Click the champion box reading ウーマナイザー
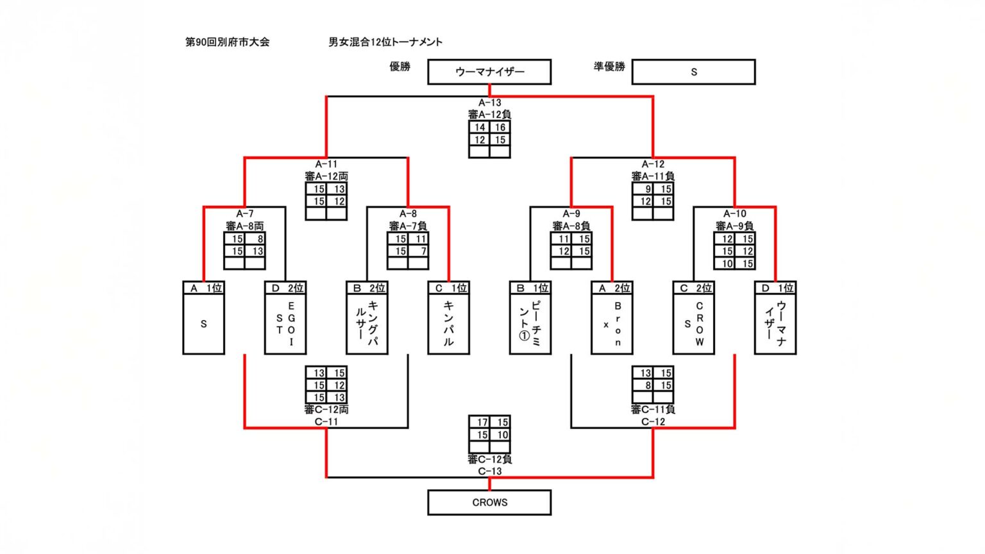(489, 72)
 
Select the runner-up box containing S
(693, 72)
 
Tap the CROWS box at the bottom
(489, 503)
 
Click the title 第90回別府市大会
(227, 42)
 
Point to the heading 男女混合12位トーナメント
(385, 42)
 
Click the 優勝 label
(400, 67)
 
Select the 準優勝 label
(609, 67)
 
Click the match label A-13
(489, 103)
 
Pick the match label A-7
(244, 214)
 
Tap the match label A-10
(734, 214)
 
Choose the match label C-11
(326, 422)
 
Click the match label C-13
(489, 471)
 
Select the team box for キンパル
(448, 324)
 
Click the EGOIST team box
(285, 324)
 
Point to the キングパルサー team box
(367, 324)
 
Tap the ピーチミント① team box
(530, 324)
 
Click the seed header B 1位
(530, 288)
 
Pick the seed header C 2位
(693, 288)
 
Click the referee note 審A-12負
(489, 115)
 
